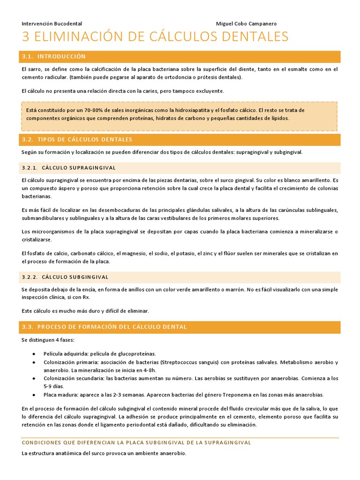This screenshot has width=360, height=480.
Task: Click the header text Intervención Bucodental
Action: point(52,23)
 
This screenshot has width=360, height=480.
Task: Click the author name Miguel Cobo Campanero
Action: point(246,23)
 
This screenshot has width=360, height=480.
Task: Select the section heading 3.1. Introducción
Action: point(54,57)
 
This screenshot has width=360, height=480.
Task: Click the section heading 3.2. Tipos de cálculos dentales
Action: point(77,140)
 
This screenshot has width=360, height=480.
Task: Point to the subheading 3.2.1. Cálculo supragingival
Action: point(69,168)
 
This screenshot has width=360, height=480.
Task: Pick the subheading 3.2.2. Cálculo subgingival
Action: point(65,277)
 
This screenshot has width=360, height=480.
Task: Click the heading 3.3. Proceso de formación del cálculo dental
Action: point(104,327)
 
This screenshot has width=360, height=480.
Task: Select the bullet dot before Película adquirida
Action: point(34,353)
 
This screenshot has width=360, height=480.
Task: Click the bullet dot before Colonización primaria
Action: point(34,362)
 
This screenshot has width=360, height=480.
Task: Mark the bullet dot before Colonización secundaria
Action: point(34,378)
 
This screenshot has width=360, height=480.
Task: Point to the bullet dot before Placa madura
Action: point(34,395)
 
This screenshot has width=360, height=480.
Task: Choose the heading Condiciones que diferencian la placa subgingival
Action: point(136,442)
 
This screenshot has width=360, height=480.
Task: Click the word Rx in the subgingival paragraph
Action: point(86,297)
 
